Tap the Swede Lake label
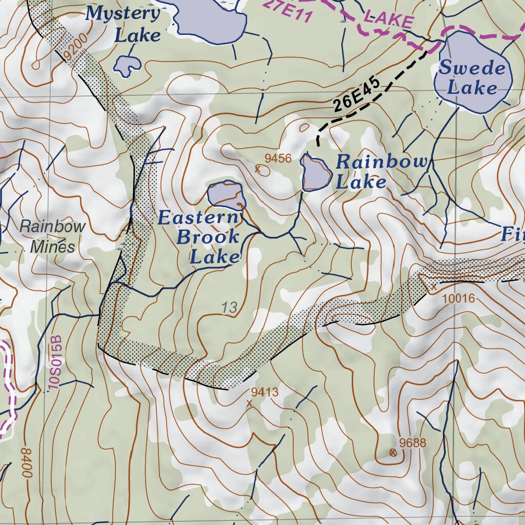click(472, 77)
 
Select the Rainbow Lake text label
click(380, 172)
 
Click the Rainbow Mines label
click(53, 236)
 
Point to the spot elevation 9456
click(278, 158)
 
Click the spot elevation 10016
click(459, 298)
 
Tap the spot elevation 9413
click(265, 393)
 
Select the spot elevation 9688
click(413, 443)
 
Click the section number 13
click(230, 308)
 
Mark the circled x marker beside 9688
click(393, 452)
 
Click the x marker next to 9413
click(250, 403)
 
